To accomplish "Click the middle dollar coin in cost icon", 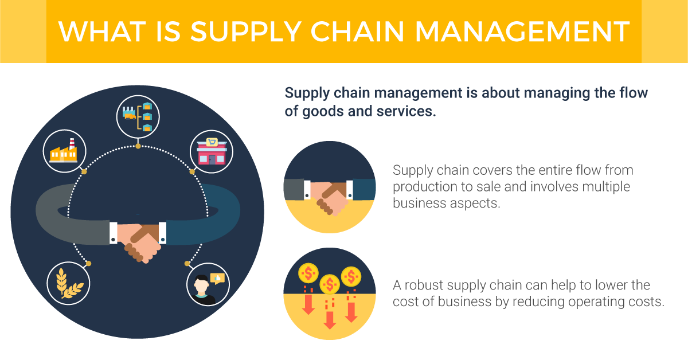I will point(329,283).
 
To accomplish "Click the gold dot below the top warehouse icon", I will point(138,147).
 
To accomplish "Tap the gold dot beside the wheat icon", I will point(88,263).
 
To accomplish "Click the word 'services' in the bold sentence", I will point(406,111).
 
